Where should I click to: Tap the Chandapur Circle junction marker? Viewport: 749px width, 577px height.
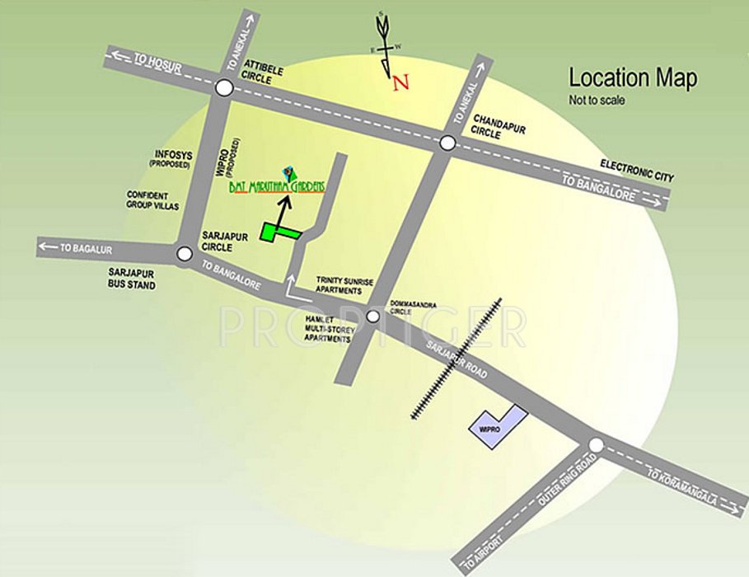447,143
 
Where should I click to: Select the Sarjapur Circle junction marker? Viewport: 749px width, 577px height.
185,255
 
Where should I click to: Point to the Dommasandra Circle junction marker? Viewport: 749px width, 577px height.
372,317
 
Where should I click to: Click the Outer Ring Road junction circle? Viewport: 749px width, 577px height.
596,445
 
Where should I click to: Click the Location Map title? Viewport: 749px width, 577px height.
633,79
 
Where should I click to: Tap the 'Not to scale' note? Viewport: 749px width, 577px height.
597,101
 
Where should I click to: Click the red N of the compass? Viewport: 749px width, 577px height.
400,82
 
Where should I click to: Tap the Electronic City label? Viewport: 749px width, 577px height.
637,171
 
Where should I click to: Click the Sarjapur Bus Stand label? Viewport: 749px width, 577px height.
132,279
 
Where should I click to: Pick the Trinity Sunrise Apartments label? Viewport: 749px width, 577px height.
344,286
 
